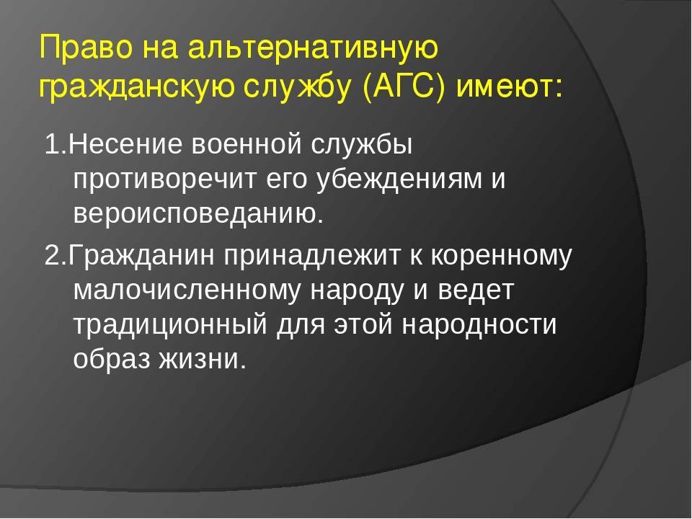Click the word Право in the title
[86, 48]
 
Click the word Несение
[125, 144]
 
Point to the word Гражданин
[141, 255]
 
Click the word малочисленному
[187, 290]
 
